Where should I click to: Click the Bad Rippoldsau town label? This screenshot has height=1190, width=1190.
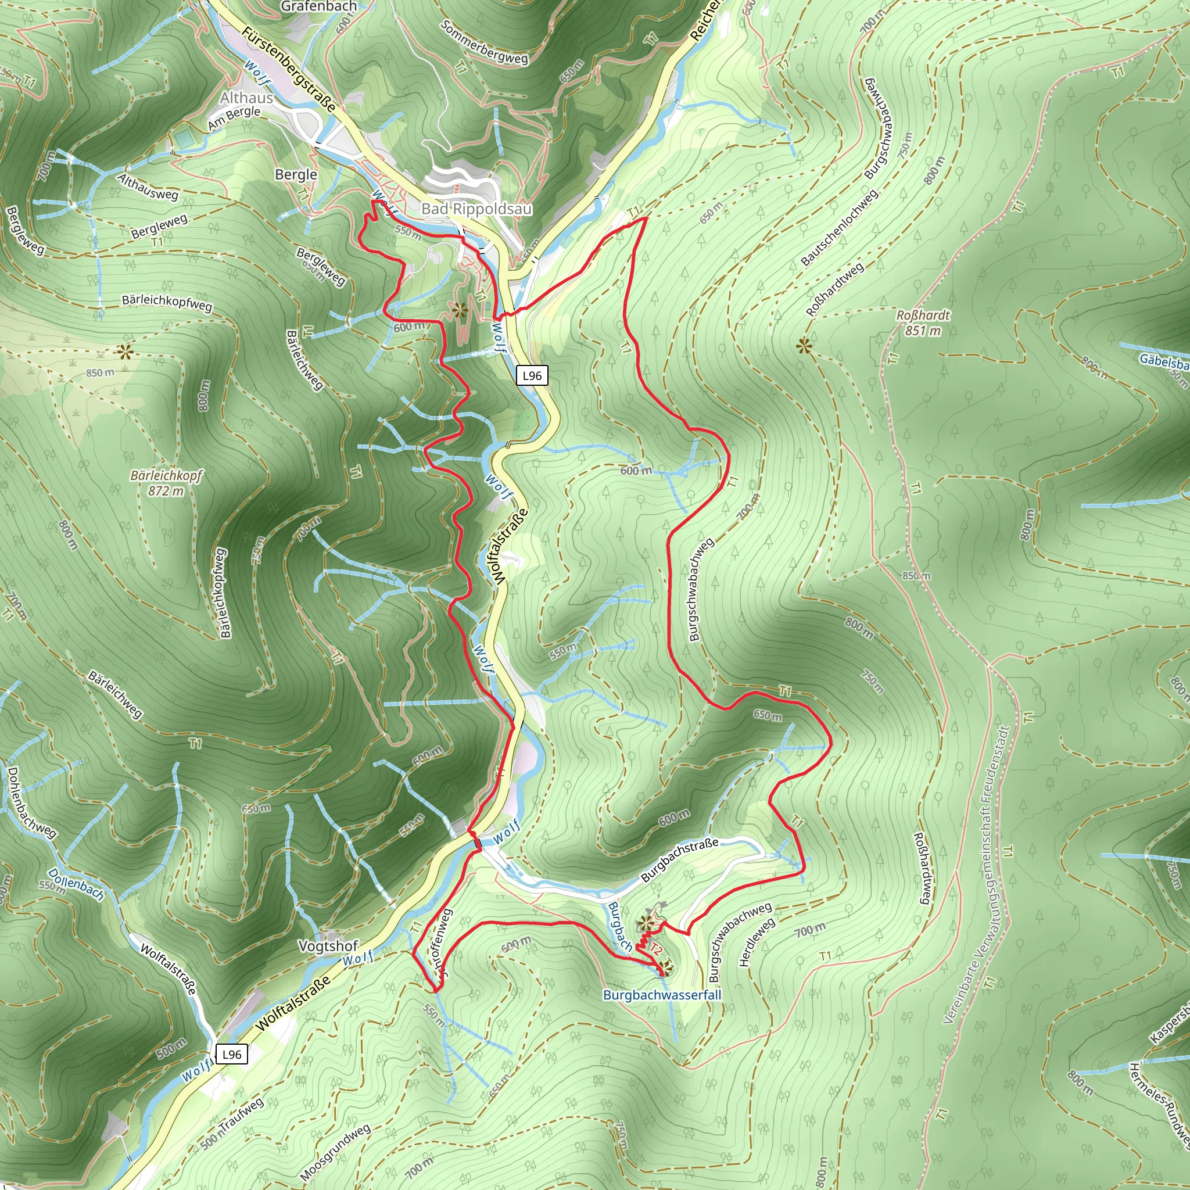pos(476,209)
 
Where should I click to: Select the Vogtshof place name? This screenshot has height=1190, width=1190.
pos(328,945)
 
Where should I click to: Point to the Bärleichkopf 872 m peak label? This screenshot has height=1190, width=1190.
pos(166,483)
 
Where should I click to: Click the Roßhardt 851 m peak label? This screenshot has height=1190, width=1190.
pos(923,322)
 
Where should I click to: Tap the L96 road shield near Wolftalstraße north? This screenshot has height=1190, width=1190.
pos(532,376)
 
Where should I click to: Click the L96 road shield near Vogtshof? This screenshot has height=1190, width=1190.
pos(232,1054)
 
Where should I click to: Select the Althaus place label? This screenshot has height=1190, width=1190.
pos(246,98)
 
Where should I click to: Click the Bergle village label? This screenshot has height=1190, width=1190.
pos(296,174)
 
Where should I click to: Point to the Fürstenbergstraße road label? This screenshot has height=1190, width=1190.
pos(289,70)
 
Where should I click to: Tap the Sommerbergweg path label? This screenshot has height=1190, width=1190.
pos(485,42)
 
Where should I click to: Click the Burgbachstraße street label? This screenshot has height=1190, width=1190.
pos(679,859)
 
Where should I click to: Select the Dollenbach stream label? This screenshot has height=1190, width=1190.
pos(76,883)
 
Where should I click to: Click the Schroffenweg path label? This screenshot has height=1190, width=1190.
pos(442,943)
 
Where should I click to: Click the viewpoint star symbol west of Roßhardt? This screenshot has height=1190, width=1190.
pos(804,346)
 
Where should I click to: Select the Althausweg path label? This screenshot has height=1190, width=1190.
pos(148,187)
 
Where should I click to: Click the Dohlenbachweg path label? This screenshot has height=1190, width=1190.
pos(31,802)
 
